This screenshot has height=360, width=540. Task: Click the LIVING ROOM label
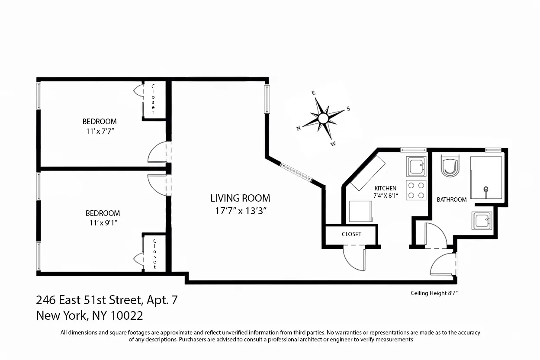pos(240,198)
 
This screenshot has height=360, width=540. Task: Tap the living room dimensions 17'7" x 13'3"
pos(240,212)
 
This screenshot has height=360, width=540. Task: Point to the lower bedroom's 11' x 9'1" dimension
pos(102,223)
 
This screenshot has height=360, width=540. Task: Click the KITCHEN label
pos(385,188)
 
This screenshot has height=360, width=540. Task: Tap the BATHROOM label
pos(451,199)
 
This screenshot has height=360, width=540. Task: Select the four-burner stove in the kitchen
pos(416,190)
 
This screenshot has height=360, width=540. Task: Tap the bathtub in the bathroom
pos(486,179)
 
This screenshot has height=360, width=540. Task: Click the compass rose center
pos(323,118)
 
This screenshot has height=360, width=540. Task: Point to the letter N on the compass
pos(299,128)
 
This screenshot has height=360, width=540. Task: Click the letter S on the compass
pos(348,109)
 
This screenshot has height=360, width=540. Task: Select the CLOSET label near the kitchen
pos(351,234)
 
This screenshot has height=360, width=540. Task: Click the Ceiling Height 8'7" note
pos(434,293)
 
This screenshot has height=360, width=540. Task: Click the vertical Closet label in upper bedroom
pos(153,99)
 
